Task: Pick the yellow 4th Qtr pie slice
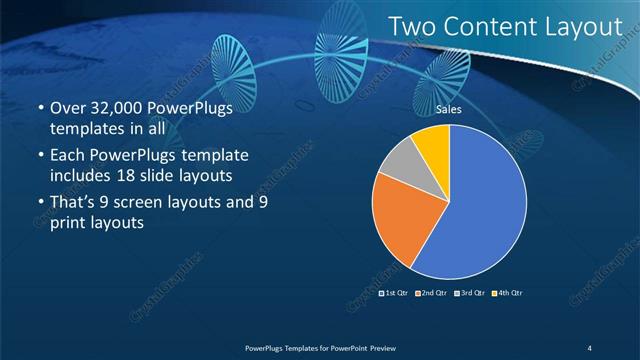433,142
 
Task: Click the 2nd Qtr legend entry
433,293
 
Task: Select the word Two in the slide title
410,27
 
